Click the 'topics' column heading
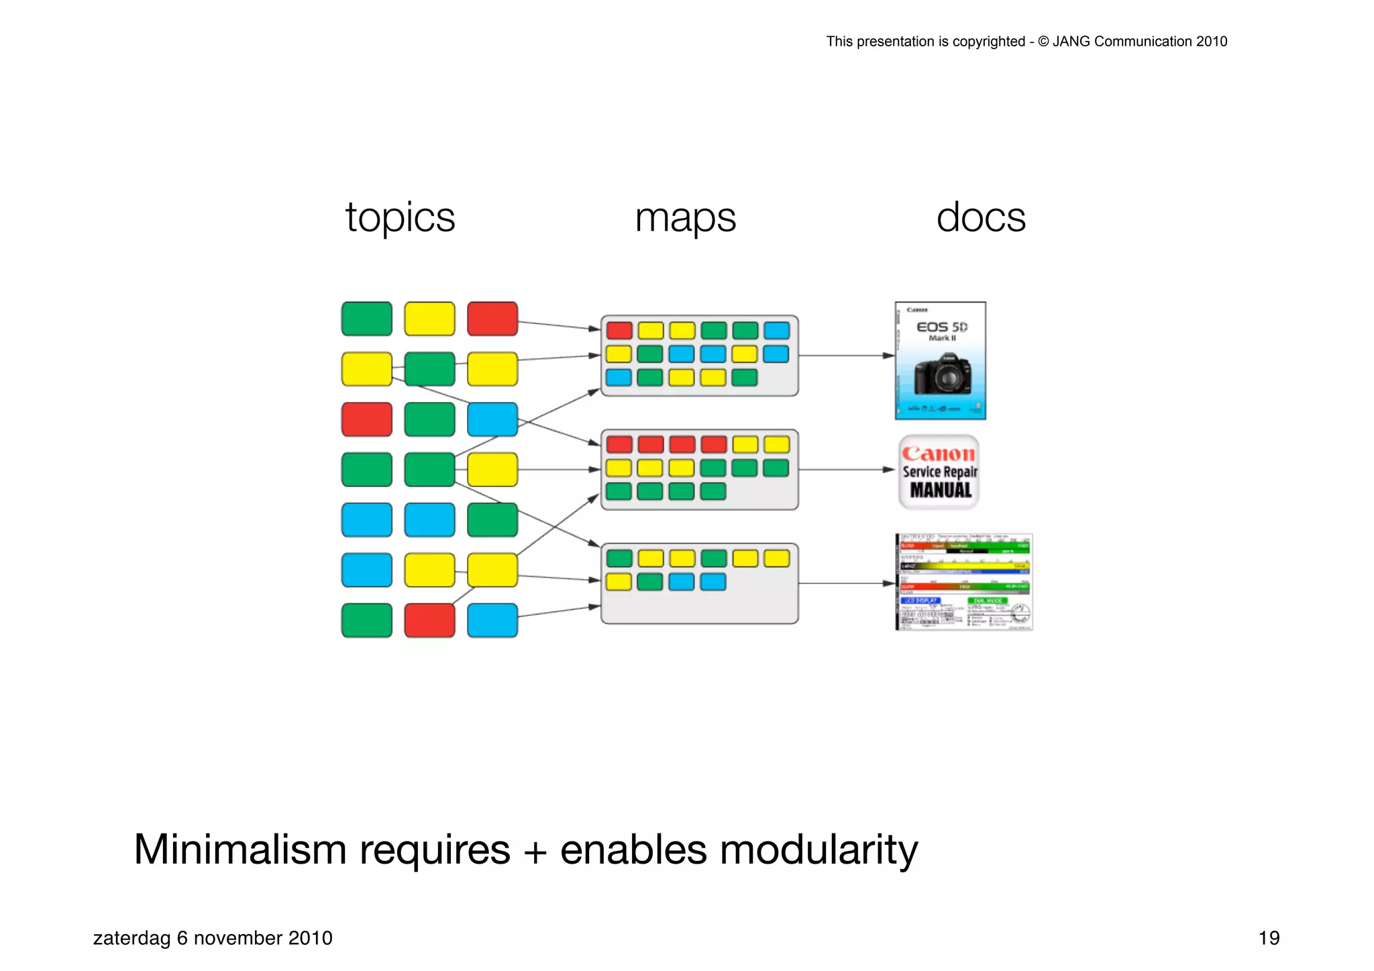400,218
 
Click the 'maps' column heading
685,218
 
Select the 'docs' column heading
980,218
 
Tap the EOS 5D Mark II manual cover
940,360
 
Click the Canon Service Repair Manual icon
939,472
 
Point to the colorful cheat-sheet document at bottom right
964,582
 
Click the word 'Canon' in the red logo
938,454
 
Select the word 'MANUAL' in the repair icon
941,491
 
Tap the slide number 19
1268,937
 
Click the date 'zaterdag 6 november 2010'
213,937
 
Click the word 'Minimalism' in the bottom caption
240,850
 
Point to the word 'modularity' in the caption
818,850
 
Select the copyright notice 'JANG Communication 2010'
1139,42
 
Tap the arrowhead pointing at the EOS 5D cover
888,356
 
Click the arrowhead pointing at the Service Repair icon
888,470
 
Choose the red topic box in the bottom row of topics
429,620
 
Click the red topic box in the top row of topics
492,319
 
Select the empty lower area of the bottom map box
699,608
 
